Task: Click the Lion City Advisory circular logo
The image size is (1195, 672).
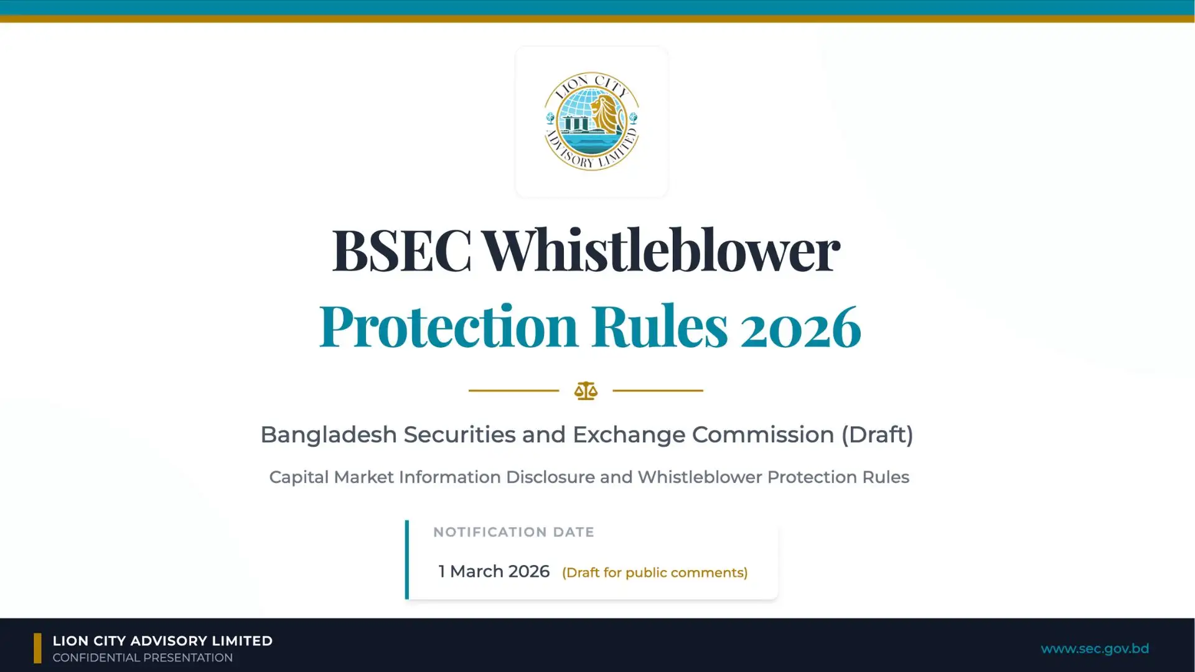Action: click(591, 121)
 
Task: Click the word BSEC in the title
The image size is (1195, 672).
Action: click(401, 250)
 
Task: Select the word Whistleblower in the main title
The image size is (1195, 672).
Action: click(661, 250)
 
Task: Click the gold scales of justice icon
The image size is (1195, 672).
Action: click(586, 391)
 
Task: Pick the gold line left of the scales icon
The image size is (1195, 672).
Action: click(513, 391)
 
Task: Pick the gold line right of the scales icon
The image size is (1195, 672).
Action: click(658, 391)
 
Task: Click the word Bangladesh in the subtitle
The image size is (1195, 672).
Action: click(328, 435)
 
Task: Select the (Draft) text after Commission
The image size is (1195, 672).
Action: click(877, 435)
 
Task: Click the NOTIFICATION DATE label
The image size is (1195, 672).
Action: click(513, 533)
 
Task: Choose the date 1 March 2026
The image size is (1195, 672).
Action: click(494, 572)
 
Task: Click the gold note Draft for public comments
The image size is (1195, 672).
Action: click(655, 573)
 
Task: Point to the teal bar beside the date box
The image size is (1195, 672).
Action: click(407, 559)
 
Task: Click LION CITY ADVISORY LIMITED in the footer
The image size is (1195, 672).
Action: click(162, 641)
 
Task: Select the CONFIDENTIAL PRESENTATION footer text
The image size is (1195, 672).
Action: click(143, 658)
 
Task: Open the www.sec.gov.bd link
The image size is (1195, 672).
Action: click(1094, 649)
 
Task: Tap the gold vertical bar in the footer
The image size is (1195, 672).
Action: click(37, 648)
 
